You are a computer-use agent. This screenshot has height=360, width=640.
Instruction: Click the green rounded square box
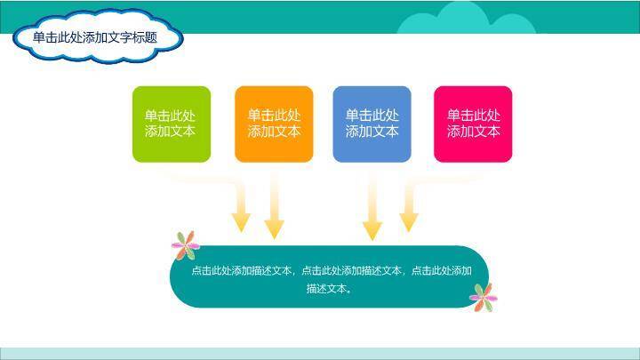[172, 124]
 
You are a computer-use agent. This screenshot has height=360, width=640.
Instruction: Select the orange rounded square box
[274, 124]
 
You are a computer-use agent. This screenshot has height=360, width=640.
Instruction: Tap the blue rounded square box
[372, 124]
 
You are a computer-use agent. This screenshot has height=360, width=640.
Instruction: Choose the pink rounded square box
[473, 124]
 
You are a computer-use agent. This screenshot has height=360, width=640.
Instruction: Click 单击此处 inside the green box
[171, 116]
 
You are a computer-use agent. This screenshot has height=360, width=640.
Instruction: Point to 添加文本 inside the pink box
[473, 132]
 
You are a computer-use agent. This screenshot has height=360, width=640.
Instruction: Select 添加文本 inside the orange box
[274, 132]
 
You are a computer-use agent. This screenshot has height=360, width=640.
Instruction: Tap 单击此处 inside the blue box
[372, 116]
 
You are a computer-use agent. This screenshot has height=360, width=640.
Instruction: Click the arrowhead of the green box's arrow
[241, 221]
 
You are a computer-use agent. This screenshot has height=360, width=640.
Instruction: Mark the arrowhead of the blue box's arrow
[372, 230]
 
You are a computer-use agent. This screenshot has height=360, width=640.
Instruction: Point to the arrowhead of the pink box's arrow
[409, 221]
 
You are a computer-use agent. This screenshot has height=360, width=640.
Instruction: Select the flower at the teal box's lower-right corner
[483, 296]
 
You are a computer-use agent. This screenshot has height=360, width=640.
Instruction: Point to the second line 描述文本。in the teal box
[329, 288]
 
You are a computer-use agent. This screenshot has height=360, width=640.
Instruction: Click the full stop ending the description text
[349, 290]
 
